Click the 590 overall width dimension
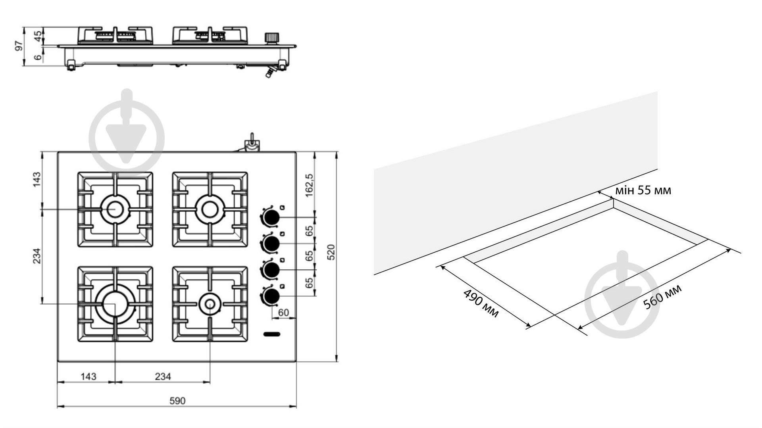click(177, 401)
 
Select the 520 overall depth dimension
click(331, 252)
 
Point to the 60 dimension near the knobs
click(283, 313)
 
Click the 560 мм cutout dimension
click(662, 296)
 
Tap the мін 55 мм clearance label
click(643, 191)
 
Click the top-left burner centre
click(115, 209)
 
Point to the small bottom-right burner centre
click(210, 303)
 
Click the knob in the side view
click(271, 38)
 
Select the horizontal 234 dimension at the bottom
click(163, 376)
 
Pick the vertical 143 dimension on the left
click(37, 179)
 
